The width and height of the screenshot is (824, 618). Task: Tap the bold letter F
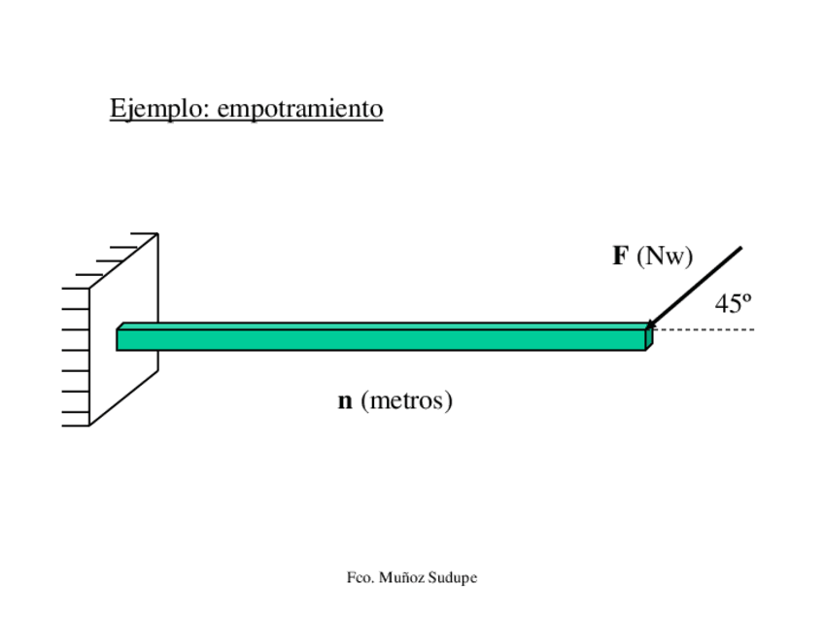(620, 257)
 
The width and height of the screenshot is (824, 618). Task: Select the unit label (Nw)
(665, 257)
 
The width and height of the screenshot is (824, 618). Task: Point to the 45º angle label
(734, 304)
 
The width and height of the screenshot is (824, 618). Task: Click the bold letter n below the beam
(345, 400)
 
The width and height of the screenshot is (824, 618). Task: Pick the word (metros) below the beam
(406, 400)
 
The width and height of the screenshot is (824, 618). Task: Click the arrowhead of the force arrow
(650, 324)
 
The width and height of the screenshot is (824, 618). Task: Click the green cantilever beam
(389, 339)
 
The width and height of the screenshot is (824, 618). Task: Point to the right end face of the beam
(649, 338)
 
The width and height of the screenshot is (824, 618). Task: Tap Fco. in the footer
(360, 578)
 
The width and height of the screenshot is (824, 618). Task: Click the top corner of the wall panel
(156, 234)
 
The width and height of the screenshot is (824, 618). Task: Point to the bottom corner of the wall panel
(90, 425)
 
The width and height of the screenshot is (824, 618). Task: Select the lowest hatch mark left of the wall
(75, 425)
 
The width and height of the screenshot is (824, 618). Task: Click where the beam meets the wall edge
(157, 339)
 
